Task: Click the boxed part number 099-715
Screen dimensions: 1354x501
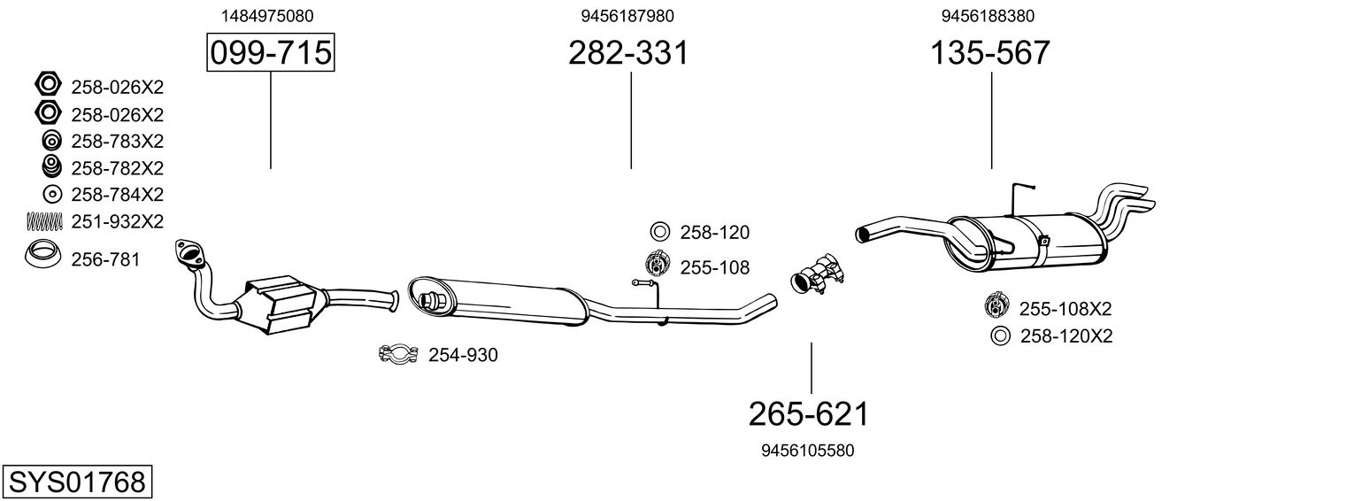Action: pos(270,52)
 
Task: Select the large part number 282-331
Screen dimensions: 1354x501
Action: pos(628,52)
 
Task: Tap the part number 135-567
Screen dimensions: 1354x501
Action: pos(989,52)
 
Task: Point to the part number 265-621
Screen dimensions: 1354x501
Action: pos(808,414)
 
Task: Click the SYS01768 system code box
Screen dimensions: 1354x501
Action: pos(77,482)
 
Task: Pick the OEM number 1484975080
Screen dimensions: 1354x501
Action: pos(267,16)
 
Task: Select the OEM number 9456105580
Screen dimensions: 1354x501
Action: pos(808,451)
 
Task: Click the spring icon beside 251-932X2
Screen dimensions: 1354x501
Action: pos(44,222)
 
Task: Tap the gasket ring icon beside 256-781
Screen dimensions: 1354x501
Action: pos(42,254)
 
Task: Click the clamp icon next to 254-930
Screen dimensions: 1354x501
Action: pos(398,353)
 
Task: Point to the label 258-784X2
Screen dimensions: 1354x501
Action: pos(118,195)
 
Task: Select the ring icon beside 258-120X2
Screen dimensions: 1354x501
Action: pos(1000,335)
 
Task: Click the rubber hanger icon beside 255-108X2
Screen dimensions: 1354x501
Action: pos(996,305)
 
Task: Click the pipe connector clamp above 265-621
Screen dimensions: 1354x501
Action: pos(816,275)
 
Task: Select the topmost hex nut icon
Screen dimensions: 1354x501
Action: pos(48,83)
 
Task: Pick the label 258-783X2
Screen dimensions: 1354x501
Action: pos(118,141)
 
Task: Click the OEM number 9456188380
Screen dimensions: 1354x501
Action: pos(988,16)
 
